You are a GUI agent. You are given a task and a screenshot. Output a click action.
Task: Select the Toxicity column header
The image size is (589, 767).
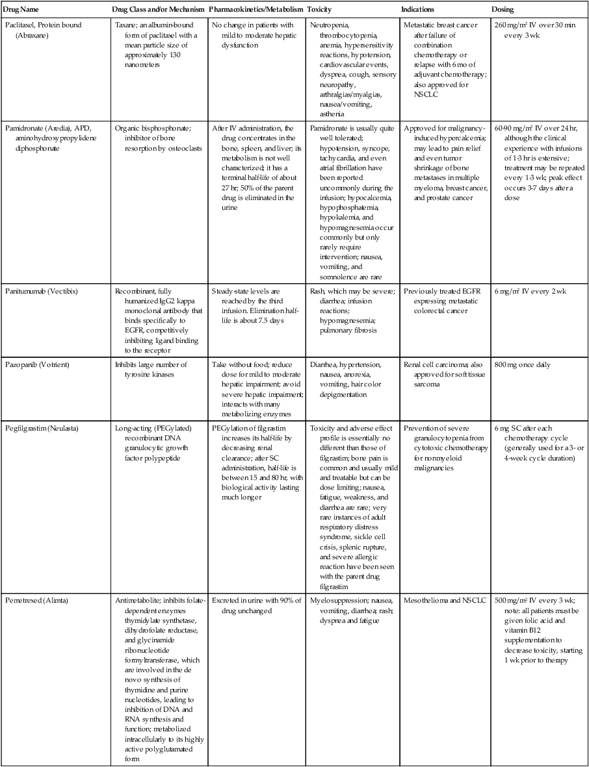tap(322, 10)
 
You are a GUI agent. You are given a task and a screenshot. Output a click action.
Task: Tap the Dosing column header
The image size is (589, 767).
tap(503, 10)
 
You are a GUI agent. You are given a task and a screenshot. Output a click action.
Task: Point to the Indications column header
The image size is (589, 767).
tap(418, 10)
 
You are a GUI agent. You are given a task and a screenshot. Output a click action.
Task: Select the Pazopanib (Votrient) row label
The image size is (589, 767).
tap(40, 364)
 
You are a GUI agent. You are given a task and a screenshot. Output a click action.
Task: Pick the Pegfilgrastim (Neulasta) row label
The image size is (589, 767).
tap(44, 428)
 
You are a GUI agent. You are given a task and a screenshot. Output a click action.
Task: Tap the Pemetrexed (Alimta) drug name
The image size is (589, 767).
tap(37, 600)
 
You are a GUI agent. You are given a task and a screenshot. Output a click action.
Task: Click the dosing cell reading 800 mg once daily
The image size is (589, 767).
tap(522, 364)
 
